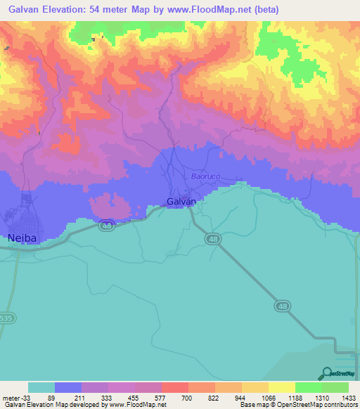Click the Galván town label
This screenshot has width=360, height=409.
(x=181, y=202)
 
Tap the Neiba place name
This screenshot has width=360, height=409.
(x=21, y=238)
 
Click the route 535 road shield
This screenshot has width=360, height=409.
(x=6, y=318)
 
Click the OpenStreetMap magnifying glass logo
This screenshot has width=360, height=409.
(x=326, y=373)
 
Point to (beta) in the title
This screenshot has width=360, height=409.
(x=266, y=10)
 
